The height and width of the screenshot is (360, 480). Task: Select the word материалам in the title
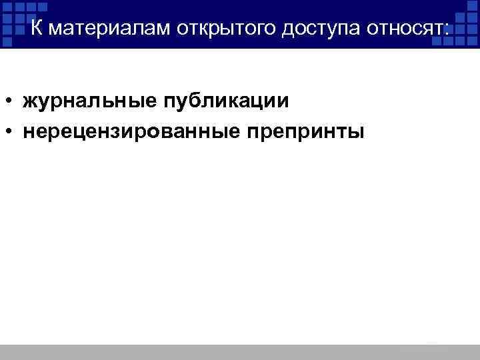(111, 29)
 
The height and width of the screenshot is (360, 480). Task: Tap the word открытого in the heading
(225, 29)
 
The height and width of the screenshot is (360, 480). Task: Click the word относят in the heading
(408, 29)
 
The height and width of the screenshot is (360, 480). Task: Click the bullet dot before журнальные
(12, 102)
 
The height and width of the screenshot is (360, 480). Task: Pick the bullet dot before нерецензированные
(12, 131)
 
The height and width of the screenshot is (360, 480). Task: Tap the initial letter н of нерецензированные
(28, 131)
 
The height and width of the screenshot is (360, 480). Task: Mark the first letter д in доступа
(288, 30)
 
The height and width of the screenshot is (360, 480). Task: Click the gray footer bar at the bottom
(240, 352)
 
